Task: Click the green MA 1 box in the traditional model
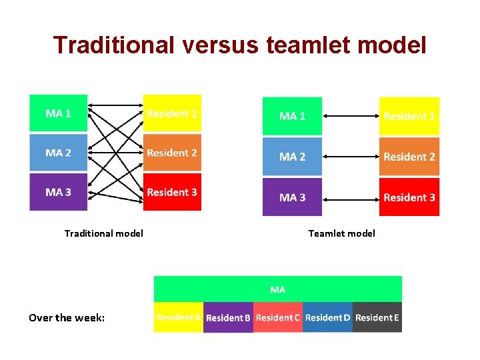pyautogui.click(x=59, y=113)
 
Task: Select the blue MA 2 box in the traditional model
pyautogui.click(x=59, y=153)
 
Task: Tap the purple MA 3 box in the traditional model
pyautogui.click(x=59, y=192)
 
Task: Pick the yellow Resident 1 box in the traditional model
pyautogui.click(x=172, y=113)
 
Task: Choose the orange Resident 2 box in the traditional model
pyautogui.click(x=172, y=153)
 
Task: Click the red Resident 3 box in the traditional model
pyautogui.click(x=172, y=192)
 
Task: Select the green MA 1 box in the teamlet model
pyautogui.click(x=292, y=116)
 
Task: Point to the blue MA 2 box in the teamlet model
pyautogui.click(x=292, y=157)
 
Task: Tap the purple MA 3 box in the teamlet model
pyautogui.click(x=292, y=197)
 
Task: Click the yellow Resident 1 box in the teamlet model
pyautogui.click(x=409, y=116)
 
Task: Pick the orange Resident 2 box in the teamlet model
pyautogui.click(x=409, y=157)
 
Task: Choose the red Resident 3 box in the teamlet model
pyautogui.click(x=409, y=197)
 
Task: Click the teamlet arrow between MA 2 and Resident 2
pyautogui.click(x=350, y=157)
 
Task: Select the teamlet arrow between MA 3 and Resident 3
pyautogui.click(x=350, y=197)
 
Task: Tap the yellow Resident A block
pyautogui.click(x=178, y=317)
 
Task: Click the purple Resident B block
pyautogui.click(x=228, y=317)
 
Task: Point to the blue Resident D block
pyautogui.click(x=327, y=317)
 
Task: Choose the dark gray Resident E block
pyautogui.click(x=377, y=317)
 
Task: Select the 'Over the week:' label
pyautogui.click(x=67, y=317)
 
